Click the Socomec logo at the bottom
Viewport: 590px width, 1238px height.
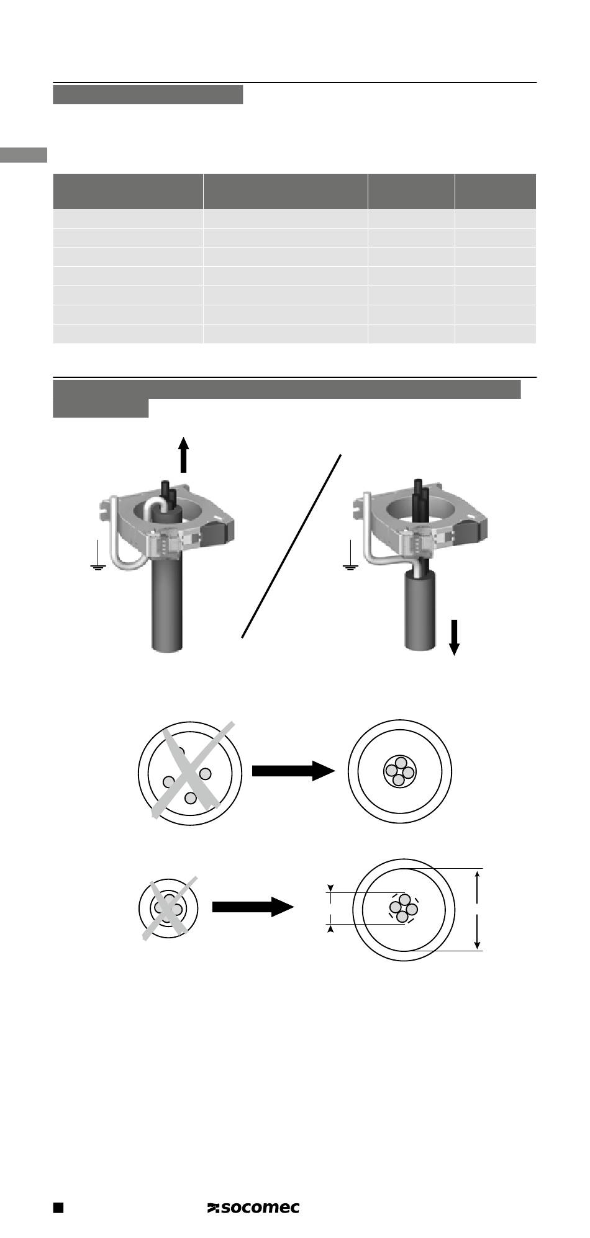coord(253,1207)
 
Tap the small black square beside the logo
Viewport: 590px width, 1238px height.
coord(58,1207)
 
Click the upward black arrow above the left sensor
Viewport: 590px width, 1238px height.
coord(183,454)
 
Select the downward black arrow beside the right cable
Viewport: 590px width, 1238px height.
coord(454,637)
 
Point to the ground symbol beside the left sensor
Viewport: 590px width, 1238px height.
coord(98,557)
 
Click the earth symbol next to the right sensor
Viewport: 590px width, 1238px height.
coord(351,557)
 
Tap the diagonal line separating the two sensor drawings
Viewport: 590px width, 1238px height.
coord(292,546)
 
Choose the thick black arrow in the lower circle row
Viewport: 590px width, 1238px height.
coord(252,907)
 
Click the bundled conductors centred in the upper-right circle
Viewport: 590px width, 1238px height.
coord(400,771)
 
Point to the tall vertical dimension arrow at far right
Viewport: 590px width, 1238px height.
coord(477,908)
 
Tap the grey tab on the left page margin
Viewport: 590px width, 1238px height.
coord(24,155)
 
